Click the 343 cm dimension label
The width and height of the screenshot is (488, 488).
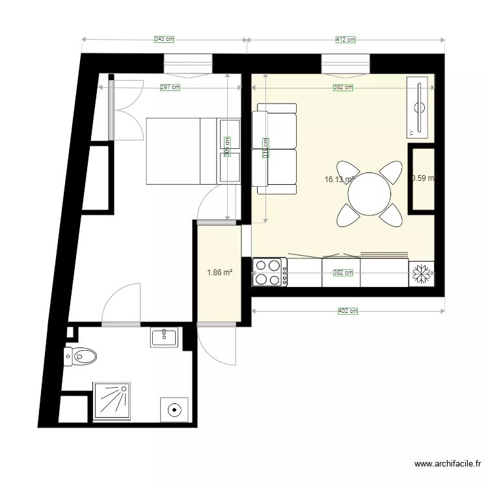point(164,40)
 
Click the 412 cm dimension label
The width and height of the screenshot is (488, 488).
point(346,40)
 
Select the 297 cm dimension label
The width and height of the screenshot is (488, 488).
point(170,87)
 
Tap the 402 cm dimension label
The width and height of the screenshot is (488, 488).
point(347,311)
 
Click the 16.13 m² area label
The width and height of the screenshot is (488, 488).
point(338,180)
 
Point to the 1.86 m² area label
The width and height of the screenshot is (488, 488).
point(220,273)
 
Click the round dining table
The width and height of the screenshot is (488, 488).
point(370,193)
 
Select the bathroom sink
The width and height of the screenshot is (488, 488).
point(166,336)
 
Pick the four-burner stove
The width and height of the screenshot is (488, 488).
point(269,272)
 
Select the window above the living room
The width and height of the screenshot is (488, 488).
point(346,63)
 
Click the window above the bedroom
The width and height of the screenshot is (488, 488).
point(188,63)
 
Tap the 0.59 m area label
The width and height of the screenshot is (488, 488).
point(423,178)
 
